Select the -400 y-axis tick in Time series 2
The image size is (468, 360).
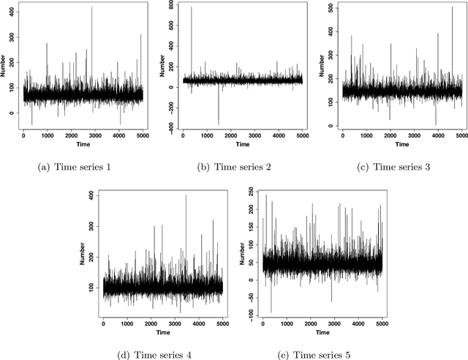point(170,126)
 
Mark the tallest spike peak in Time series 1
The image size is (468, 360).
point(92,7)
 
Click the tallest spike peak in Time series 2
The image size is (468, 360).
point(191,7)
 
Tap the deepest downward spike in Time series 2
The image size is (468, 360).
point(218,124)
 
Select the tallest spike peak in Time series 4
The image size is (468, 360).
point(186,195)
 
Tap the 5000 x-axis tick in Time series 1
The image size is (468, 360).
point(143,138)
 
